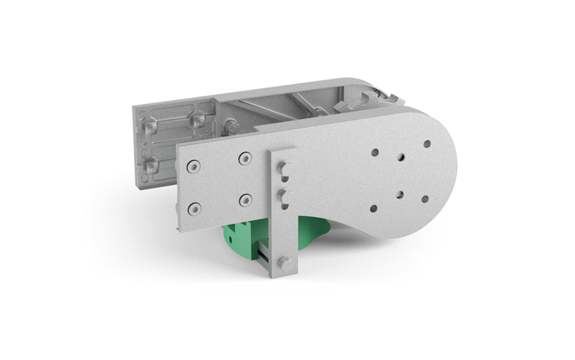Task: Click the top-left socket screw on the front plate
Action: [194, 167]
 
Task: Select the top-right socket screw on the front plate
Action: [244, 159]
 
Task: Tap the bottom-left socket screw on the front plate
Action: [194, 209]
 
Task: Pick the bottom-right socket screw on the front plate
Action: [244, 200]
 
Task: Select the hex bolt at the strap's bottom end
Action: [285, 263]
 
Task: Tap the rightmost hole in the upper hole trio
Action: [427, 144]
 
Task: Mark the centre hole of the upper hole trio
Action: [401, 157]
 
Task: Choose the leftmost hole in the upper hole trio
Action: [374, 152]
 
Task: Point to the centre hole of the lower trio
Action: [399, 194]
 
